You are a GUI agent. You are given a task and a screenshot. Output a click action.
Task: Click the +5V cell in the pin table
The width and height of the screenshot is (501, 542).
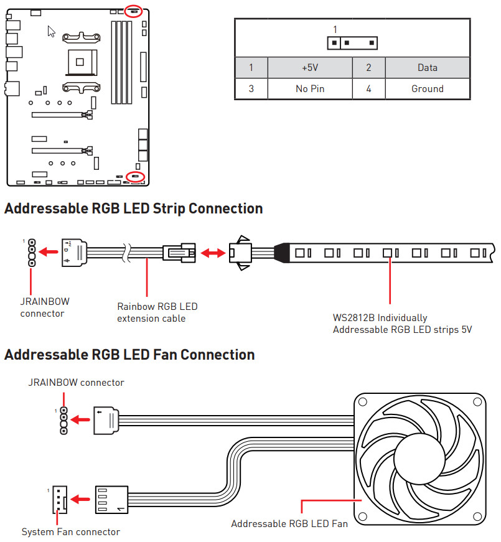point(309,68)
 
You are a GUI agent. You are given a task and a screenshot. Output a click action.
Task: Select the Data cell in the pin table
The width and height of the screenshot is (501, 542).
point(427,68)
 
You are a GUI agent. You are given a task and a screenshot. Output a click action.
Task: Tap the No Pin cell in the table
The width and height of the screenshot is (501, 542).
point(309,89)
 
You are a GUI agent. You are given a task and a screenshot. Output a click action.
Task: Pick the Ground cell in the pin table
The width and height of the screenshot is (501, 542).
point(427,89)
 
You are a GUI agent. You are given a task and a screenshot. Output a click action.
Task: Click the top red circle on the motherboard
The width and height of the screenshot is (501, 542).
point(133,11)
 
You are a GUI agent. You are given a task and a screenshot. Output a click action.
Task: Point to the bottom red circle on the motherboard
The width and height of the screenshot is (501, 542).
point(135,177)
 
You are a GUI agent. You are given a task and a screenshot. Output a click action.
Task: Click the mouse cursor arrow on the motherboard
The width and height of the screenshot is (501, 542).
point(52,31)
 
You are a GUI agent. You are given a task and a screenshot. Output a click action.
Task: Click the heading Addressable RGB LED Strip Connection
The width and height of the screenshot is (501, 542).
point(133,208)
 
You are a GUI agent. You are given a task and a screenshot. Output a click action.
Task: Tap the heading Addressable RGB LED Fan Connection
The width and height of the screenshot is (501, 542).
point(129,355)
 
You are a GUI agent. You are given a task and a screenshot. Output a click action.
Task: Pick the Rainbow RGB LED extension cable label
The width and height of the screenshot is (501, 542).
point(157,312)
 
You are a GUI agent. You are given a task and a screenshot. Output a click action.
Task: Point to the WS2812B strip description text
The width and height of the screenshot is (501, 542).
point(402,324)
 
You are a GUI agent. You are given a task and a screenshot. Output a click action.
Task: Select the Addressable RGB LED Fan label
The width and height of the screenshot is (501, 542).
point(289,523)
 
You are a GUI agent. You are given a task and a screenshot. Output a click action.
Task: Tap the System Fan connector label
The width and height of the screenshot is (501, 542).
point(70,531)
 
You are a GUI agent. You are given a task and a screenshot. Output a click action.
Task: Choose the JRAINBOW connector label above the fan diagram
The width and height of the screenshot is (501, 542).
point(76,382)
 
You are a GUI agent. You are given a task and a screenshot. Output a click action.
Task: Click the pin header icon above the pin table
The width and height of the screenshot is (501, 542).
point(353,43)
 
